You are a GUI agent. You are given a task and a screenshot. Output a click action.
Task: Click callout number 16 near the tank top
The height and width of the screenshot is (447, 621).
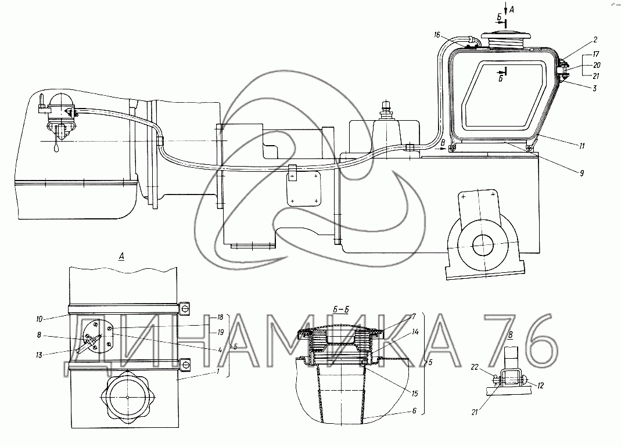[x=437, y=35]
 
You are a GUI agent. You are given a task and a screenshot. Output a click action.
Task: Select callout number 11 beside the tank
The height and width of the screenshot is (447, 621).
[x=581, y=146]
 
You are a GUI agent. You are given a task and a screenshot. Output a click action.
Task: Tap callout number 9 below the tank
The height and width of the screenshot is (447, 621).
[x=582, y=173]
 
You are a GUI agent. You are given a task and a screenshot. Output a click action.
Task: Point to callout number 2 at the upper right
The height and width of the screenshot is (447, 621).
[x=595, y=39]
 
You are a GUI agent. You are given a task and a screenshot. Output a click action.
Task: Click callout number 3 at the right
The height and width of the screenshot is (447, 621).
[x=595, y=88]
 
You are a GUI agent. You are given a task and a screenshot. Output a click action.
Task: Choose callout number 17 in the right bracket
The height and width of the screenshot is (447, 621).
[x=596, y=54]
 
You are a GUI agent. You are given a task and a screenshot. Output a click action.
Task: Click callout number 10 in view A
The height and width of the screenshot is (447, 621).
[x=40, y=319]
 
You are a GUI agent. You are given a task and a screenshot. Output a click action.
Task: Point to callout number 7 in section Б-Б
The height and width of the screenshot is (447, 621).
[x=414, y=317]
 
